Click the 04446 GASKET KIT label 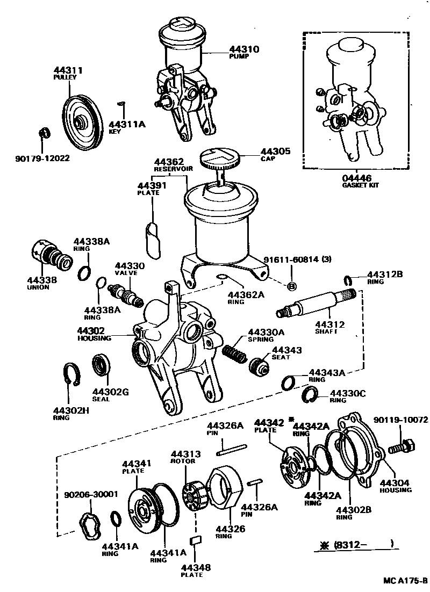356,181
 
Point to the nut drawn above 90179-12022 45,132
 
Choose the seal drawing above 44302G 101,365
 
